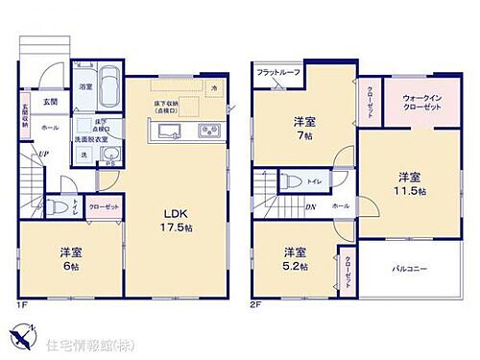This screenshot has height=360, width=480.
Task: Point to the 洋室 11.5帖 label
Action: tap(409, 182)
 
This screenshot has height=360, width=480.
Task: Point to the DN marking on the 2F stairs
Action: tap(310, 206)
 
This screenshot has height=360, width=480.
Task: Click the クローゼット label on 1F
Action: tap(104, 206)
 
